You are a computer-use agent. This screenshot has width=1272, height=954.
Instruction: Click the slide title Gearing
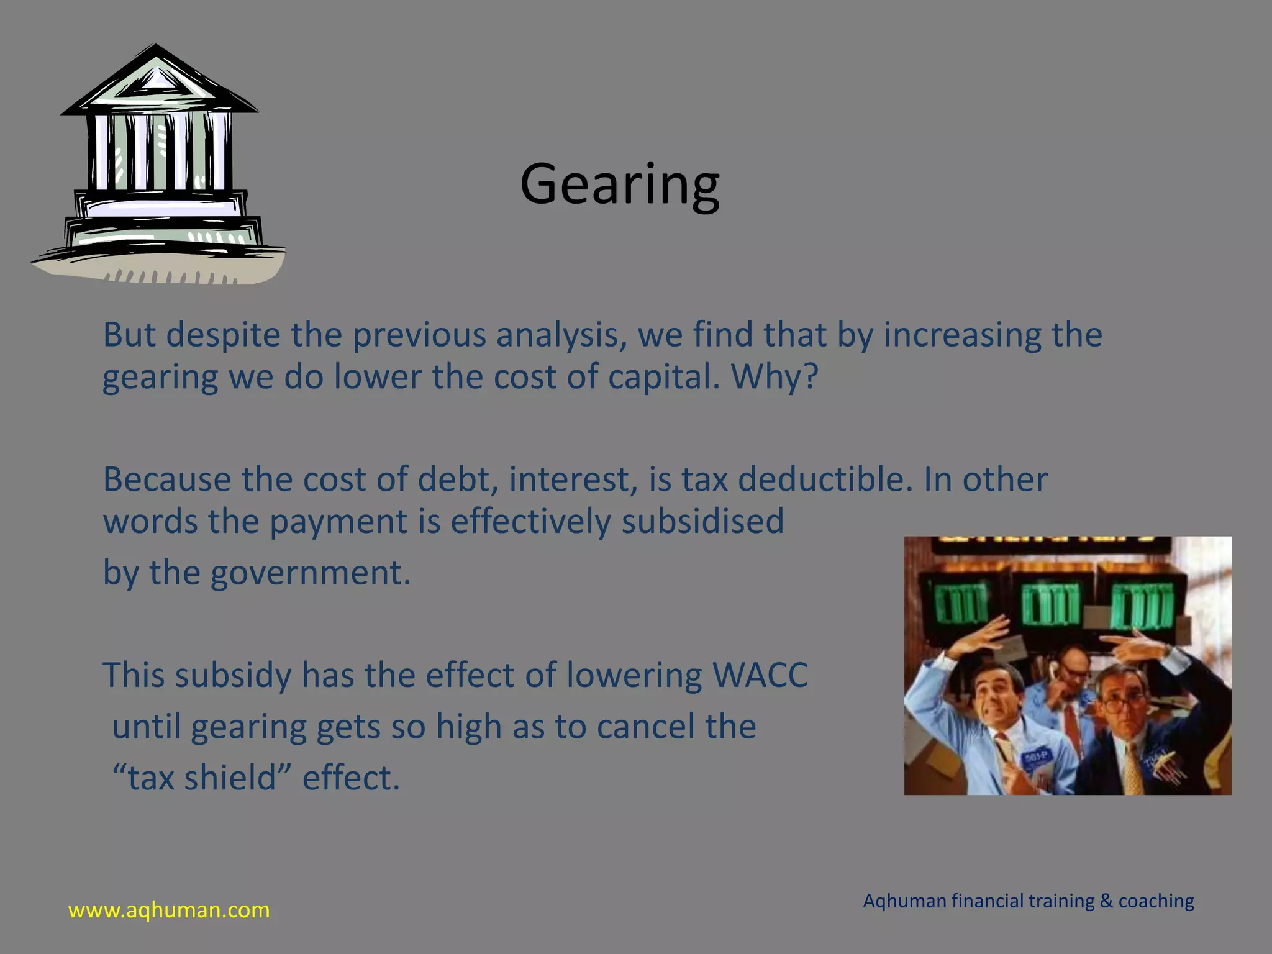click(619, 184)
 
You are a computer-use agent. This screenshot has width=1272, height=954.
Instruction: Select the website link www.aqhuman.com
click(169, 910)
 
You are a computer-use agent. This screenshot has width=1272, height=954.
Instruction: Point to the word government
click(310, 573)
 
